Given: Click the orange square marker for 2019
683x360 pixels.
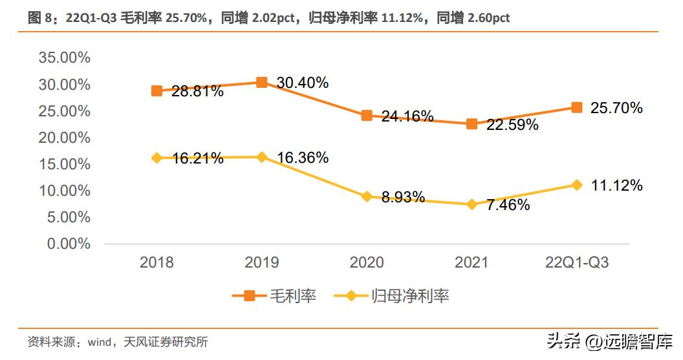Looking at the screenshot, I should pyautogui.click(x=261, y=82).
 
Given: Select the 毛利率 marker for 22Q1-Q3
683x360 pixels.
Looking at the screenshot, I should pyautogui.click(x=577, y=107).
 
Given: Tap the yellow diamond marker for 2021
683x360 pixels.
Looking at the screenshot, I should pyautogui.click(x=472, y=204).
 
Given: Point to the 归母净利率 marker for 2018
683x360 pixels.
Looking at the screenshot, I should pyautogui.click(x=157, y=158).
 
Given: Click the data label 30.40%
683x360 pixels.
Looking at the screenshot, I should pyautogui.click(x=302, y=83).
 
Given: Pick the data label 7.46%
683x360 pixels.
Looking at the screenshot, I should pyautogui.click(x=508, y=206).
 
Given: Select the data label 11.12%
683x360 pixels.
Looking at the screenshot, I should pyautogui.click(x=616, y=186).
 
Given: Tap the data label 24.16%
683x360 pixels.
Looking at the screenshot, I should pyautogui.click(x=407, y=116).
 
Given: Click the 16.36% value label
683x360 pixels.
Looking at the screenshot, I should pyautogui.click(x=302, y=158).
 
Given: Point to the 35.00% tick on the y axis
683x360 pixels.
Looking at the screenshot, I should pyautogui.click(x=65, y=58).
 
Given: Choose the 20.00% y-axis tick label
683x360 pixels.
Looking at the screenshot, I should pyautogui.click(x=65, y=138).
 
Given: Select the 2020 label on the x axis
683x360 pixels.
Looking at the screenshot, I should pyautogui.click(x=367, y=262).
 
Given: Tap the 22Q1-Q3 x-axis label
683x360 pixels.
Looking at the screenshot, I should pyautogui.click(x=576, y=262).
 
